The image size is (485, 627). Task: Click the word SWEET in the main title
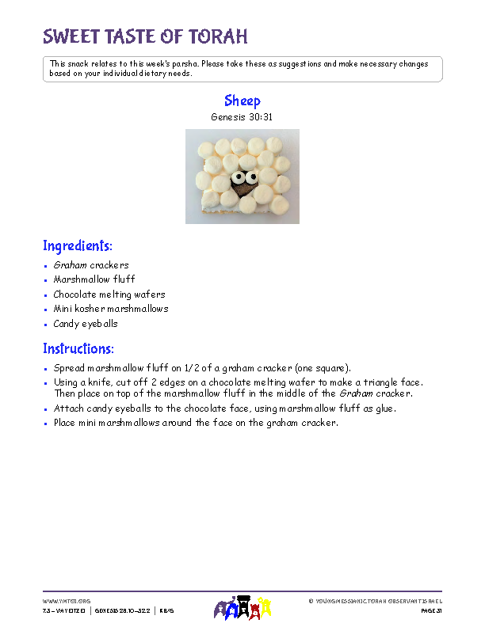70,36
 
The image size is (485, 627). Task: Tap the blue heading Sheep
242,101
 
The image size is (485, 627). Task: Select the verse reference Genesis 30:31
242,116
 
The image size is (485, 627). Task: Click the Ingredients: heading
78,245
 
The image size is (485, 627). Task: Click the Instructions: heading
78,348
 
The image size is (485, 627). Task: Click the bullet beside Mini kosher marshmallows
47,310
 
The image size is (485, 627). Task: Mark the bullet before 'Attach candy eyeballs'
47,409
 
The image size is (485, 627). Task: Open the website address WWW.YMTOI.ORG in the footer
67,601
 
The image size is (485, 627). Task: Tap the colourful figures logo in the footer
242,607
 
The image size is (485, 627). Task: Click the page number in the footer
430,611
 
